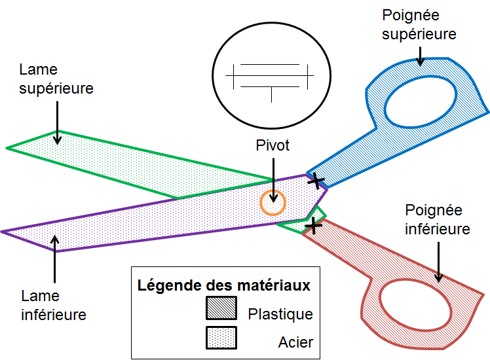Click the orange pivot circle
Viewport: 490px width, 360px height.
[273, 203]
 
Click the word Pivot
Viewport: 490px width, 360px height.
[273, 145]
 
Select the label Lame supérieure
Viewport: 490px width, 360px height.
[56, 79]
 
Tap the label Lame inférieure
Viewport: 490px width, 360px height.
[54, 305]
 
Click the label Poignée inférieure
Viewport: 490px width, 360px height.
[438, 220]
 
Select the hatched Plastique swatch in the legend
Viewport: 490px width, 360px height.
[221, 308]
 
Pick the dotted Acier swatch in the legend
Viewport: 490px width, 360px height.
[221, 337]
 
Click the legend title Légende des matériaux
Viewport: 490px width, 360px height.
[224, 286]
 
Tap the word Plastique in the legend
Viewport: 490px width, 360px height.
[280, 314]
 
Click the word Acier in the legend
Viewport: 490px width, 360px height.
[295, 342]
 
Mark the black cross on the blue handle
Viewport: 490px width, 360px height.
[316, 180]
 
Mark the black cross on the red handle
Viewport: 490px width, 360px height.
[314, 226]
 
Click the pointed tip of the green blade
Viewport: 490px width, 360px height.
[8, 147]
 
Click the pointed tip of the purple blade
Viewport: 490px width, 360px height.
[3, 232]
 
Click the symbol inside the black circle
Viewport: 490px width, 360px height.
[270, 78]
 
